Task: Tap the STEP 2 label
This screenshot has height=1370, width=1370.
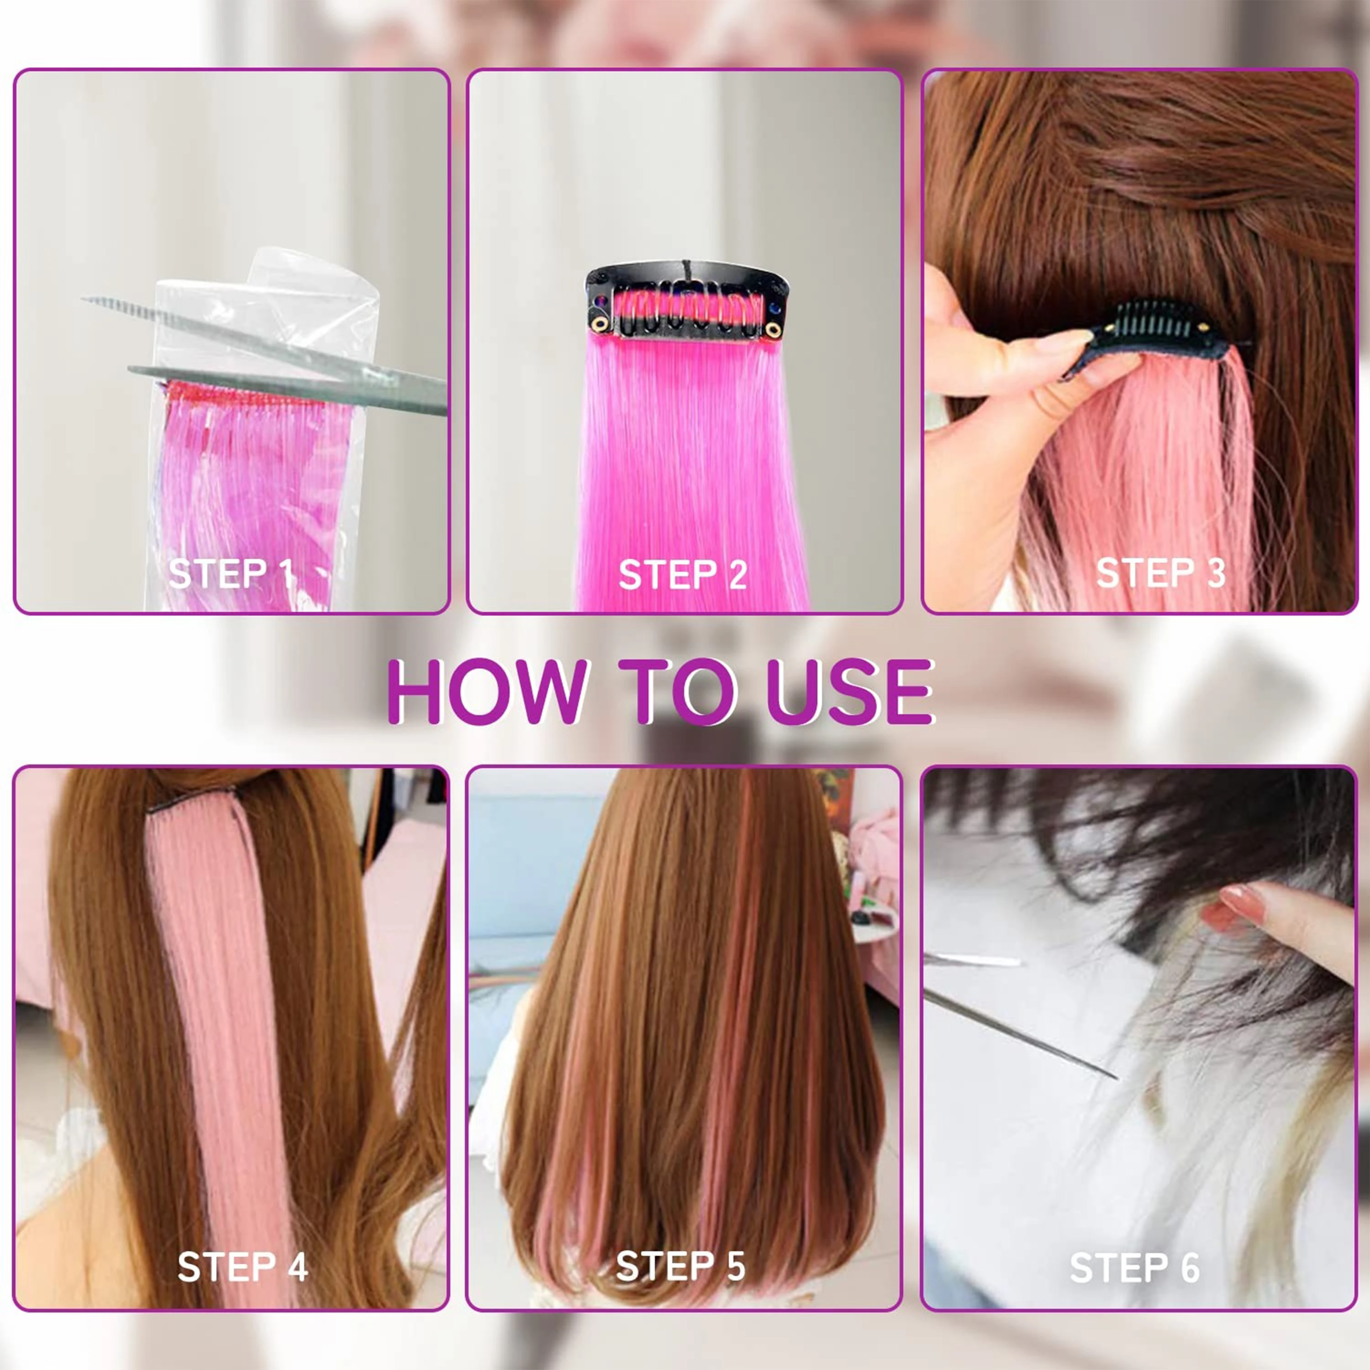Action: [683, 574]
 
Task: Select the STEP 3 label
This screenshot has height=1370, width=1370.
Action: [1161, 573]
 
